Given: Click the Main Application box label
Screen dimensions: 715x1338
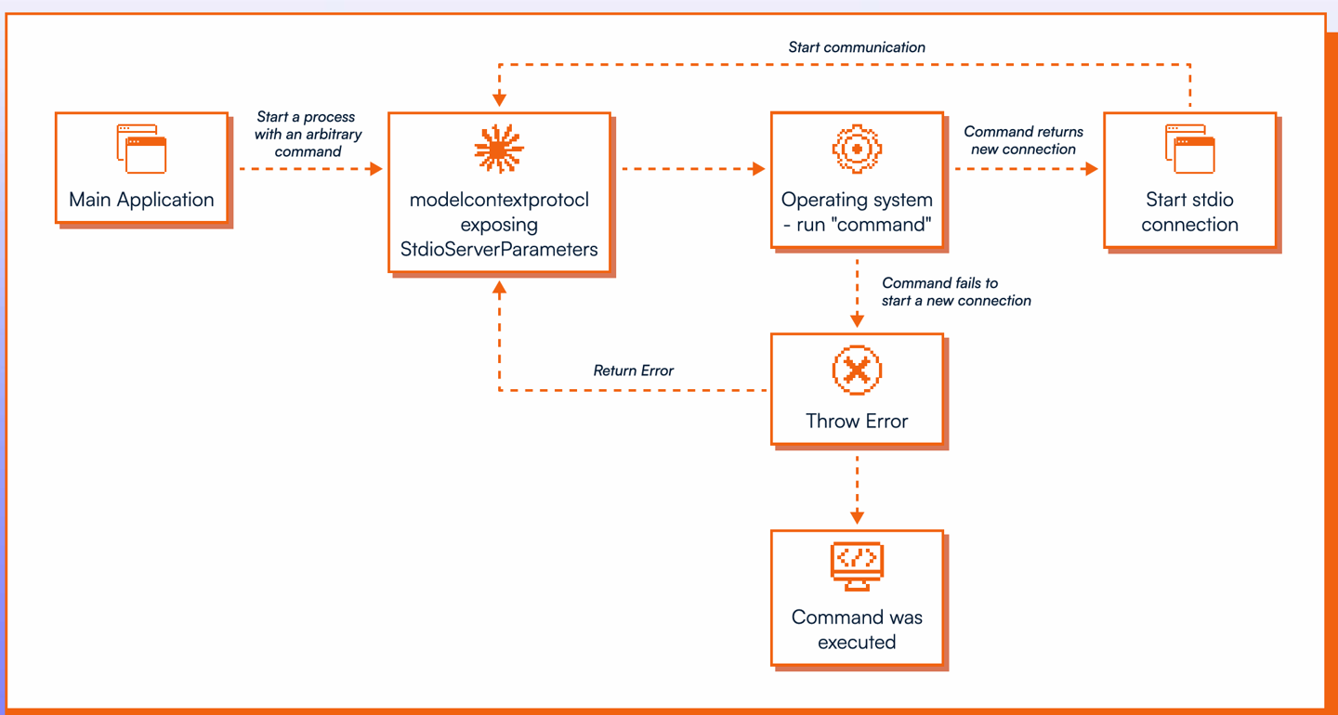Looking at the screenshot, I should pyautogui.click(x=141, y=200).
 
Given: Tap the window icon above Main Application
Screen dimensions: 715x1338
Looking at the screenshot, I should pyautogui.click(x=141, y=149).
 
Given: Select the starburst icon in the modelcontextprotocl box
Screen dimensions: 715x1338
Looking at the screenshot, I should pyautogui.click(x=499, y=149).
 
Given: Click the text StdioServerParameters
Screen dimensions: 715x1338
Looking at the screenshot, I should pyautogui.click(x=499, y=249).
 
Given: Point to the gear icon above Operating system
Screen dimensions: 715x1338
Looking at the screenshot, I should pyautogui.click(x=857, y=148).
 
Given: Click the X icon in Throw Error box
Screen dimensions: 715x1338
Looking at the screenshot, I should pyautogui.click(x=857, y=370).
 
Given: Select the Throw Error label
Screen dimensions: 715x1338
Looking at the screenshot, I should pyautogui.click(x=857, y=421).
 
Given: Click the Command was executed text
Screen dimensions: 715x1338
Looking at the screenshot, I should pyautogui.click(x=857, y=630).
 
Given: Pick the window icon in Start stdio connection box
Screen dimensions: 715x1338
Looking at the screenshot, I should pyautogui.click(x=1189, y=149).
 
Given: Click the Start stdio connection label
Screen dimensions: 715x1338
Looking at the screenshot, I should pyautogui.click(x=1189, y=212).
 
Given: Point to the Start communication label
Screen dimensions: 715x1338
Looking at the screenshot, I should pyautogui.click(x=857, y=47).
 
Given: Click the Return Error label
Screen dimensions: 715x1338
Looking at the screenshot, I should pyautogui.click(x=634, y=370).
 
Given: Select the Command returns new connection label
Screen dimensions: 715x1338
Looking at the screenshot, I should pyautogui.click(x=1023, y=140).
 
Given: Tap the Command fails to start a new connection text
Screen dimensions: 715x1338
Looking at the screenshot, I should pyautogui.click(x=956, y=292).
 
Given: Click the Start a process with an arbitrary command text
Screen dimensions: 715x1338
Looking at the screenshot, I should pyautogui.click(x=308, y=134).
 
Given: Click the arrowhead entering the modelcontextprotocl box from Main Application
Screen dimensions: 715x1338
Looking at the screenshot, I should pyautogui.click(x=376, y=169).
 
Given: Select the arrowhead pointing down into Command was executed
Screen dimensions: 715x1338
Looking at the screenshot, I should pyautogui.click(x=857, y=517).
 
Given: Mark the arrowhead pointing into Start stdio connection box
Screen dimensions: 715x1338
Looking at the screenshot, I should pyautogui.click(x=1092, y=169).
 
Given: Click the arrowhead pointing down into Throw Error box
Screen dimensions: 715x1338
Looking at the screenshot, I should pyautogui.click(x=857, y=320).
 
